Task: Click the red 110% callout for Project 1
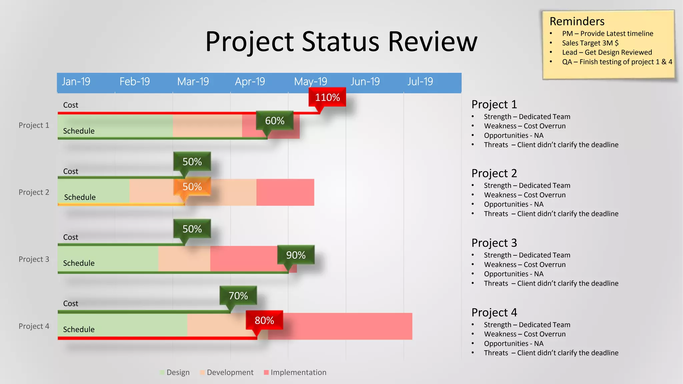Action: tap(327, 97)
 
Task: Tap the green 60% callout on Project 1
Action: tap(274, 121)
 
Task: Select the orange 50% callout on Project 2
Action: tap(192, 187)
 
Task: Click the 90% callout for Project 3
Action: tap(296, 255)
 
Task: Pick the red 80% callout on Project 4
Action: tap(264, 320)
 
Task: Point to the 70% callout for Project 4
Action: tap(238, 296)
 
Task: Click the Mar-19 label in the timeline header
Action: tap(193, 82)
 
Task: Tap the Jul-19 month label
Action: tap(420, 82)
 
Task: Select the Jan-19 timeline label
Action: tap(76, 82)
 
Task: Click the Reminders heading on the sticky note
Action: tap(577, 21)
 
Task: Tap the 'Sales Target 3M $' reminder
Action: tap(590, 43)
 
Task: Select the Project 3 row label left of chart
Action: tap(34, 259)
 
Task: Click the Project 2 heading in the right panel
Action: tap(494, 173)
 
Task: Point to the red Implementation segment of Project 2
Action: tap(285, 192)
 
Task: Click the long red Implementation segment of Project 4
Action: tap(347, 326)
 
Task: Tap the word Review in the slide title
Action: tap(433, 42)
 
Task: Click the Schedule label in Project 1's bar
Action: tap(79, 131)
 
